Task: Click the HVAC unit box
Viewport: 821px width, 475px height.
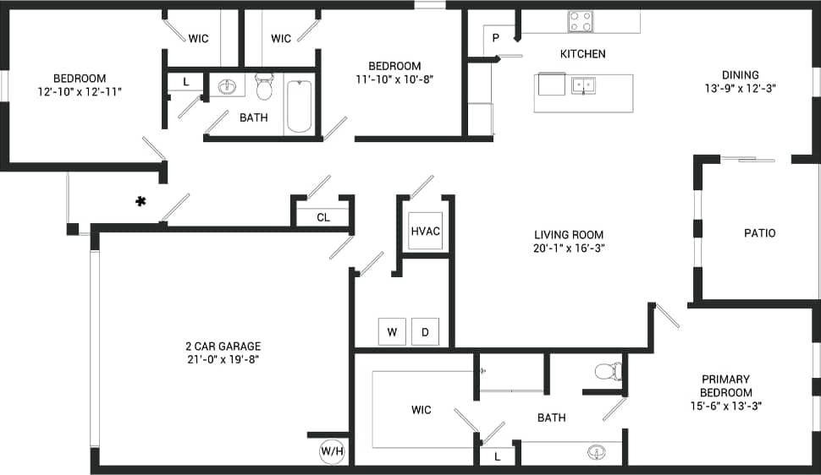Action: coord(425,231)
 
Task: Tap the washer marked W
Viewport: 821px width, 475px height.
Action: coord(392,332)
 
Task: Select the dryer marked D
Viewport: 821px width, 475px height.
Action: coord(425,332)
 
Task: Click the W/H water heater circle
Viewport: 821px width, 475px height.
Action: coord(332,451)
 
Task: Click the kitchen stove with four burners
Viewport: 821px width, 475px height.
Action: coord(581,21)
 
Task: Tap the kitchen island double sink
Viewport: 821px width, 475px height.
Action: coord(584,85)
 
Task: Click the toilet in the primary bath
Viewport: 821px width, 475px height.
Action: coord(608,370)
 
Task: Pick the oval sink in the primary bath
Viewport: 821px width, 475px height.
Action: coord(598,452)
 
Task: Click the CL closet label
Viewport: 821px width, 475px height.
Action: coord(323,217)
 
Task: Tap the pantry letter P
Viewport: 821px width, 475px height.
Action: coord(496,37)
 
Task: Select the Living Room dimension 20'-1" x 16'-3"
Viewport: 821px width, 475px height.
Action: coord(568,248)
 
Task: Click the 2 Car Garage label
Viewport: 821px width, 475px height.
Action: coord(223,346)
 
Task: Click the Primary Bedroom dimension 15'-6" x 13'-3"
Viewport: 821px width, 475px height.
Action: coord(726,406)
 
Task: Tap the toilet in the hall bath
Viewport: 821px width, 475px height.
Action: coord(264,86)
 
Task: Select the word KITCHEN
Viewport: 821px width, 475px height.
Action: coord(582,54)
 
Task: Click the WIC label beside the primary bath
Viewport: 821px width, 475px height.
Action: coord(421,410)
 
